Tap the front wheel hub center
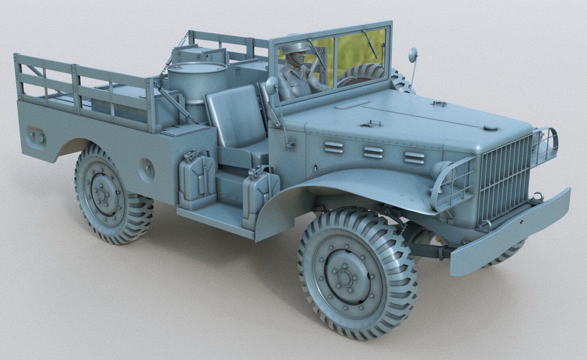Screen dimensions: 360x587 click(x=345, y=278)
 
